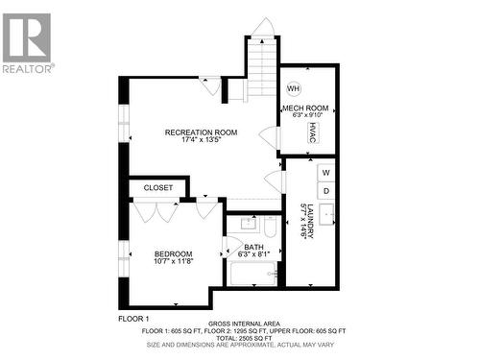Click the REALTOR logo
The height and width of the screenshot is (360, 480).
[27, 42]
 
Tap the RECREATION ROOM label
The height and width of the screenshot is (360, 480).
[194, 132]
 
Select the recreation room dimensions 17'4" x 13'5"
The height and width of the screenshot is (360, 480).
[194, 140]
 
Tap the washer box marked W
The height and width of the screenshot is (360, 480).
[325, 173]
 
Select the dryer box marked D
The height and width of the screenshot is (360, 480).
[325, 190]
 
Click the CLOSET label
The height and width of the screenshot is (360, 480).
[158, 188]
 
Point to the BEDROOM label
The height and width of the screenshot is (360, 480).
[173, 253]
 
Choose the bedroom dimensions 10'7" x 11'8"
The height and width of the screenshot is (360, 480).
[173, 261]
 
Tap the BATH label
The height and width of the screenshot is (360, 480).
[253, 247]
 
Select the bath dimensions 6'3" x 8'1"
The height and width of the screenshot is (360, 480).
[253, 254]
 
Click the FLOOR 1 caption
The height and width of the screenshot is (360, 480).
[133, 318]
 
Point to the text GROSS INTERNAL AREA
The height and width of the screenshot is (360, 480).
[246, 324]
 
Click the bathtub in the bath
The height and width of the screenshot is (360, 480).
[252, 275]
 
